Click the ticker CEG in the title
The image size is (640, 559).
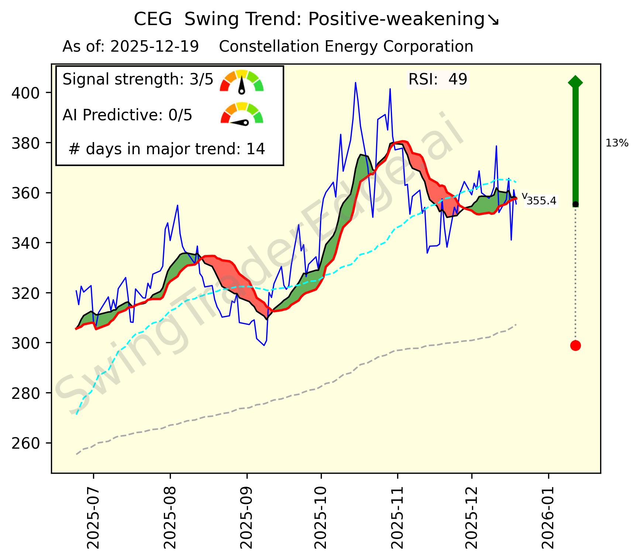point(152,19)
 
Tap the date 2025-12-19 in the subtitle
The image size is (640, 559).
point(155,47)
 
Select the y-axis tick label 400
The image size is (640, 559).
point(26,93)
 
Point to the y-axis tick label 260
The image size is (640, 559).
point(26,443)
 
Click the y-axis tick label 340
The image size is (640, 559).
point(26,243)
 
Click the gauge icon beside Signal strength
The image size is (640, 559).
point(242,81)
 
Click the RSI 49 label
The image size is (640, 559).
point(438,79)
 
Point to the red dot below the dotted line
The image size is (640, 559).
point(575,345)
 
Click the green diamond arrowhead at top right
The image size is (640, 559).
point(575,82)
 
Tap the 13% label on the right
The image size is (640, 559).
point(617,143)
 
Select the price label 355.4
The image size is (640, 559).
point(541,201)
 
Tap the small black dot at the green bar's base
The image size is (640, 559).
point(575,204)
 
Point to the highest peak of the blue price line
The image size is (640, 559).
point(355,83)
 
